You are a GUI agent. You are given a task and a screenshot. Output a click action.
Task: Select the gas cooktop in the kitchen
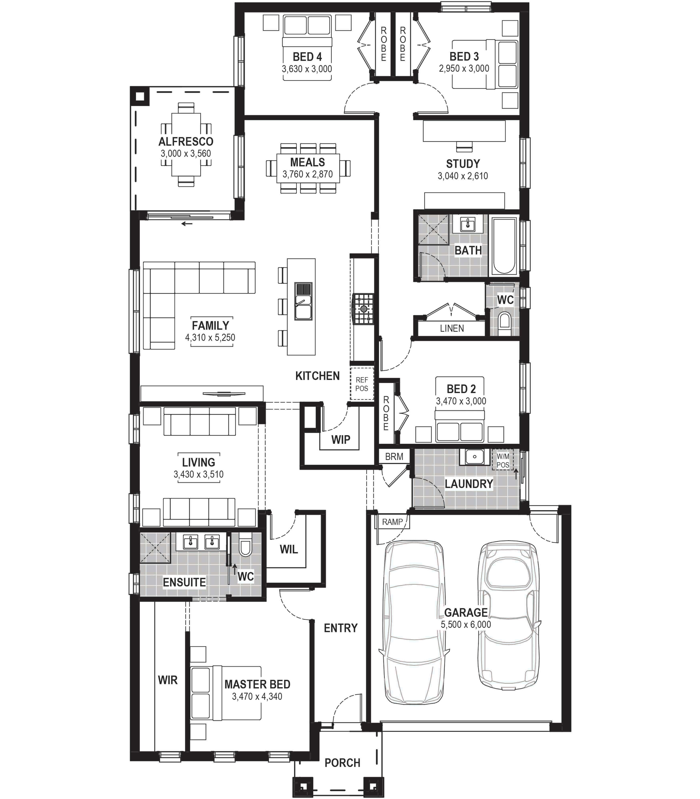point(363,309)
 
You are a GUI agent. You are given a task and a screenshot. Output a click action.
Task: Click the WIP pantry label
point(341,440)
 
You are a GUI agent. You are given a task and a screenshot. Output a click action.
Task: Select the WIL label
point(289,549)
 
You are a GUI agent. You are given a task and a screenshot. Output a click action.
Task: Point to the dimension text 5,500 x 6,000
point(466,624)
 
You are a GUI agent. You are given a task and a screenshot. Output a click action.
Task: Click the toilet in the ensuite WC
point(245,547)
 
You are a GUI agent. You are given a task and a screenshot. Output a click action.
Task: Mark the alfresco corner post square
point(139,96)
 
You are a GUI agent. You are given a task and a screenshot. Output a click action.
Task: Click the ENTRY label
point(341,628)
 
